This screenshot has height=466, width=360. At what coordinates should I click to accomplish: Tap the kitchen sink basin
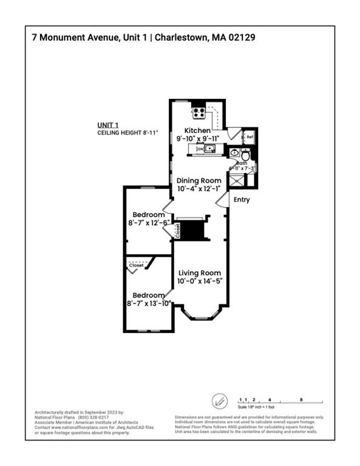[209, 148]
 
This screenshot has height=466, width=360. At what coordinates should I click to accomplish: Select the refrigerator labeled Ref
[250, 137]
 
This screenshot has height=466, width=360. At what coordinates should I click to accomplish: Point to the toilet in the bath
[245, 155]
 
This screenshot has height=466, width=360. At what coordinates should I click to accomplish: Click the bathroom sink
[234, 153]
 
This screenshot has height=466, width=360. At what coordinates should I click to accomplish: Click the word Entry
[242, 200]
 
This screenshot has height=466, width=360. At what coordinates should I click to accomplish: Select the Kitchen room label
[198, 130]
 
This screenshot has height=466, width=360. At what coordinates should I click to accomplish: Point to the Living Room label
[199, 272]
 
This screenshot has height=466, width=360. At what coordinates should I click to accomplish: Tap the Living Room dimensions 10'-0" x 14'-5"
[199, 282]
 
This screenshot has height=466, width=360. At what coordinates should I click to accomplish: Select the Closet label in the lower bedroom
[136, 265]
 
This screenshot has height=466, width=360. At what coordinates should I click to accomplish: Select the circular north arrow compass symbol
[219, 401]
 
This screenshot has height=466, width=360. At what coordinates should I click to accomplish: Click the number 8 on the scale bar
[301, 400]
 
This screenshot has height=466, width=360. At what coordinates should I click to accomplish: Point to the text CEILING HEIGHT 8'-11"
[127, 132]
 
